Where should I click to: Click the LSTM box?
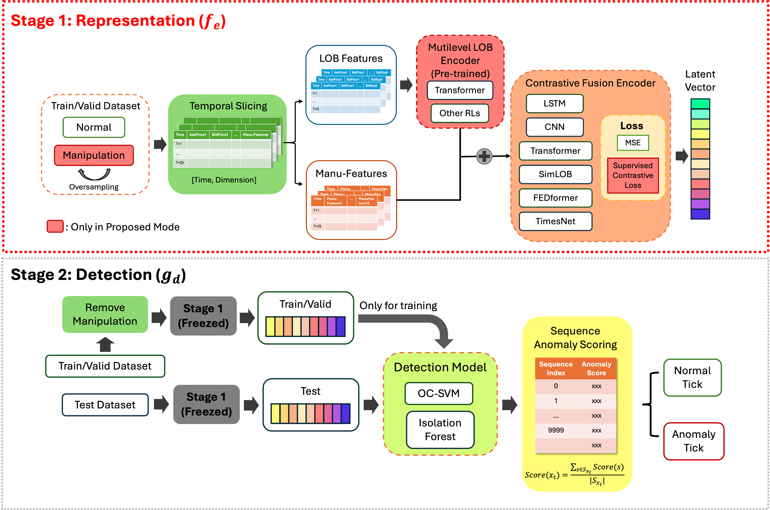[x=555, y=103]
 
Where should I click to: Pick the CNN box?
[x=555, y=127]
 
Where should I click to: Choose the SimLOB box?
[x=555, y=174]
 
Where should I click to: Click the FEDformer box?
[x=555, y=198]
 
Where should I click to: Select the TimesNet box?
[x=555, y=221]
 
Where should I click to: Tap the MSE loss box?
[x=632, y=143]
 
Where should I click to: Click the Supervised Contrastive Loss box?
[x=632, y=175]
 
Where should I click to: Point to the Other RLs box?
[x=460, y=113]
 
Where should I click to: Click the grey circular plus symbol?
[x=484, y=156]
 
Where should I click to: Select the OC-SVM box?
[x=438, y=393]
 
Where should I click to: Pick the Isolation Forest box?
[x=440, y=429]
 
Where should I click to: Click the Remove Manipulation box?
[x=105, y=314]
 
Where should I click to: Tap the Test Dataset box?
[x=105, y=405]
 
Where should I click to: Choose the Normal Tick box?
[x=692, y=377]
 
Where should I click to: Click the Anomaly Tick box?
[x=694, y=441]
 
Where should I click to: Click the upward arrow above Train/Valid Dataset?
[x=105, y=344]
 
